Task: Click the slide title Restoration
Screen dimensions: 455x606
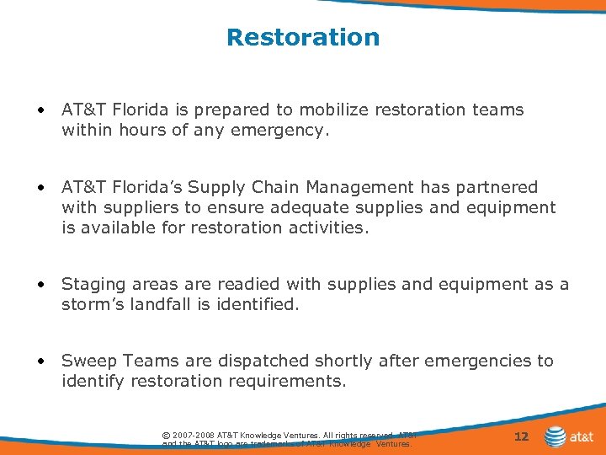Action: (303, 38)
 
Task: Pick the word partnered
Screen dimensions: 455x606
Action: (497, 187)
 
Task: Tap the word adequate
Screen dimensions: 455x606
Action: (302, 207)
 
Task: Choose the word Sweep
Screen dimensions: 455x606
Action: (88, 361)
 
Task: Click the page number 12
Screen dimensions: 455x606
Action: (522, 436)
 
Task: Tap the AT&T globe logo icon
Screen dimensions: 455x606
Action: (555, 436)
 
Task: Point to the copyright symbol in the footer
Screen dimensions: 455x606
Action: (166, 435)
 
